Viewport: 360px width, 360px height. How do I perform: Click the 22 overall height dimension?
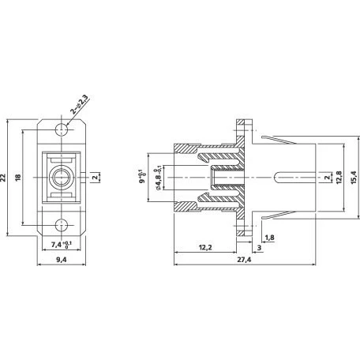(x=3, y=178)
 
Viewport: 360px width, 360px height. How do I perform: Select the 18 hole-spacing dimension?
(x=18, y=178)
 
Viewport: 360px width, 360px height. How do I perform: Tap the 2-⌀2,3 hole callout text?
(x=79, y=104)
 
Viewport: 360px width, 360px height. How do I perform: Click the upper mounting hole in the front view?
(x=62, y=129)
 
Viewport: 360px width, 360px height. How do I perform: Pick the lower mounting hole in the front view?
(x=62, y=225)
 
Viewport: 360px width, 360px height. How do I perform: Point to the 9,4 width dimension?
(x=62, y=260)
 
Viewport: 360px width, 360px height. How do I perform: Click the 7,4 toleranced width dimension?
(x=62, y=245)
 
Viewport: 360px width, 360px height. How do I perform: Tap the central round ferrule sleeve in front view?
(x=62, y=178)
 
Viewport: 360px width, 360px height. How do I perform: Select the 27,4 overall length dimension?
(x=244, y=260)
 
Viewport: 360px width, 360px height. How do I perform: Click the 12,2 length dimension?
(x=205, y=247)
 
